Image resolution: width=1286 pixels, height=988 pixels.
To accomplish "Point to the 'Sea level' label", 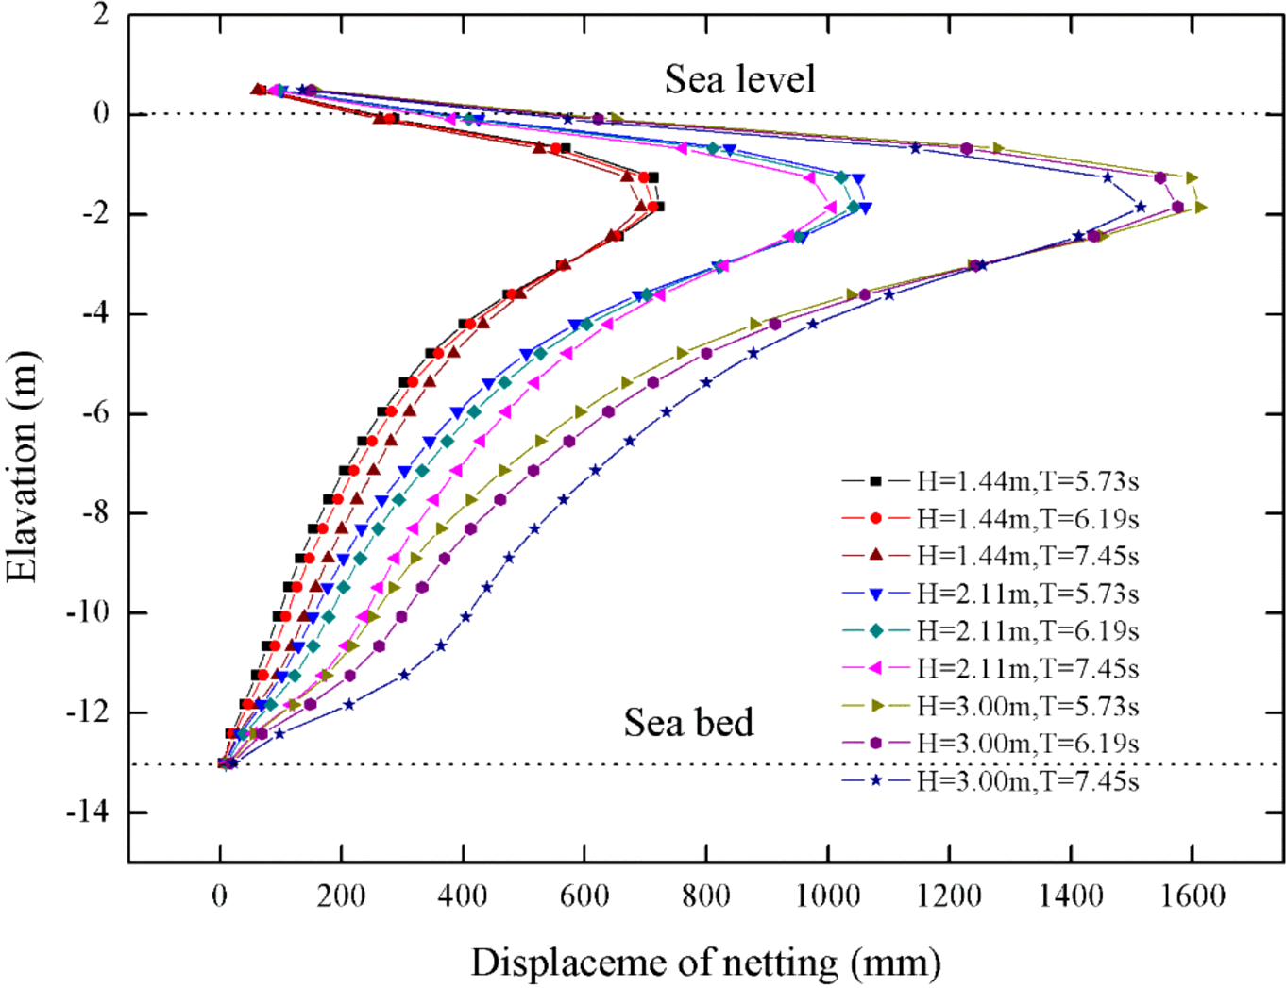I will coord(739,79).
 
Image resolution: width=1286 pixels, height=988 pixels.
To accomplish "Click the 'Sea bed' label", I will coord(688,723).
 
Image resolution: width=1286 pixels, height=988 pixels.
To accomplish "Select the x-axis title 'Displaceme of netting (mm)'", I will coord(705,963).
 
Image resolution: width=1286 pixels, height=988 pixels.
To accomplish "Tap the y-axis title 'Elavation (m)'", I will coord(23,466).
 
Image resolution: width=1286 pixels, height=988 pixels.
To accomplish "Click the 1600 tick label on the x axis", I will coord(1193,895).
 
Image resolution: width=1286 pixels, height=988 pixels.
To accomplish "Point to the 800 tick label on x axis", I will coord(706,895).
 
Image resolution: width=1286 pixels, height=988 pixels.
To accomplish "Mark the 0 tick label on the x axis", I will coord(220,895).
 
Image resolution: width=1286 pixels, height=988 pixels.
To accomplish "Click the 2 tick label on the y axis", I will coord(100,15).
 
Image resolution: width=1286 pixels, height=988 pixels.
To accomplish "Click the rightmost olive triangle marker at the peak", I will coord(1200,207).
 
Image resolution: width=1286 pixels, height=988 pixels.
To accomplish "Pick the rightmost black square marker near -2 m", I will coord(659,206).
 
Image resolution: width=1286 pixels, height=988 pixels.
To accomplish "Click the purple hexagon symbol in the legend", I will coord(875,744).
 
